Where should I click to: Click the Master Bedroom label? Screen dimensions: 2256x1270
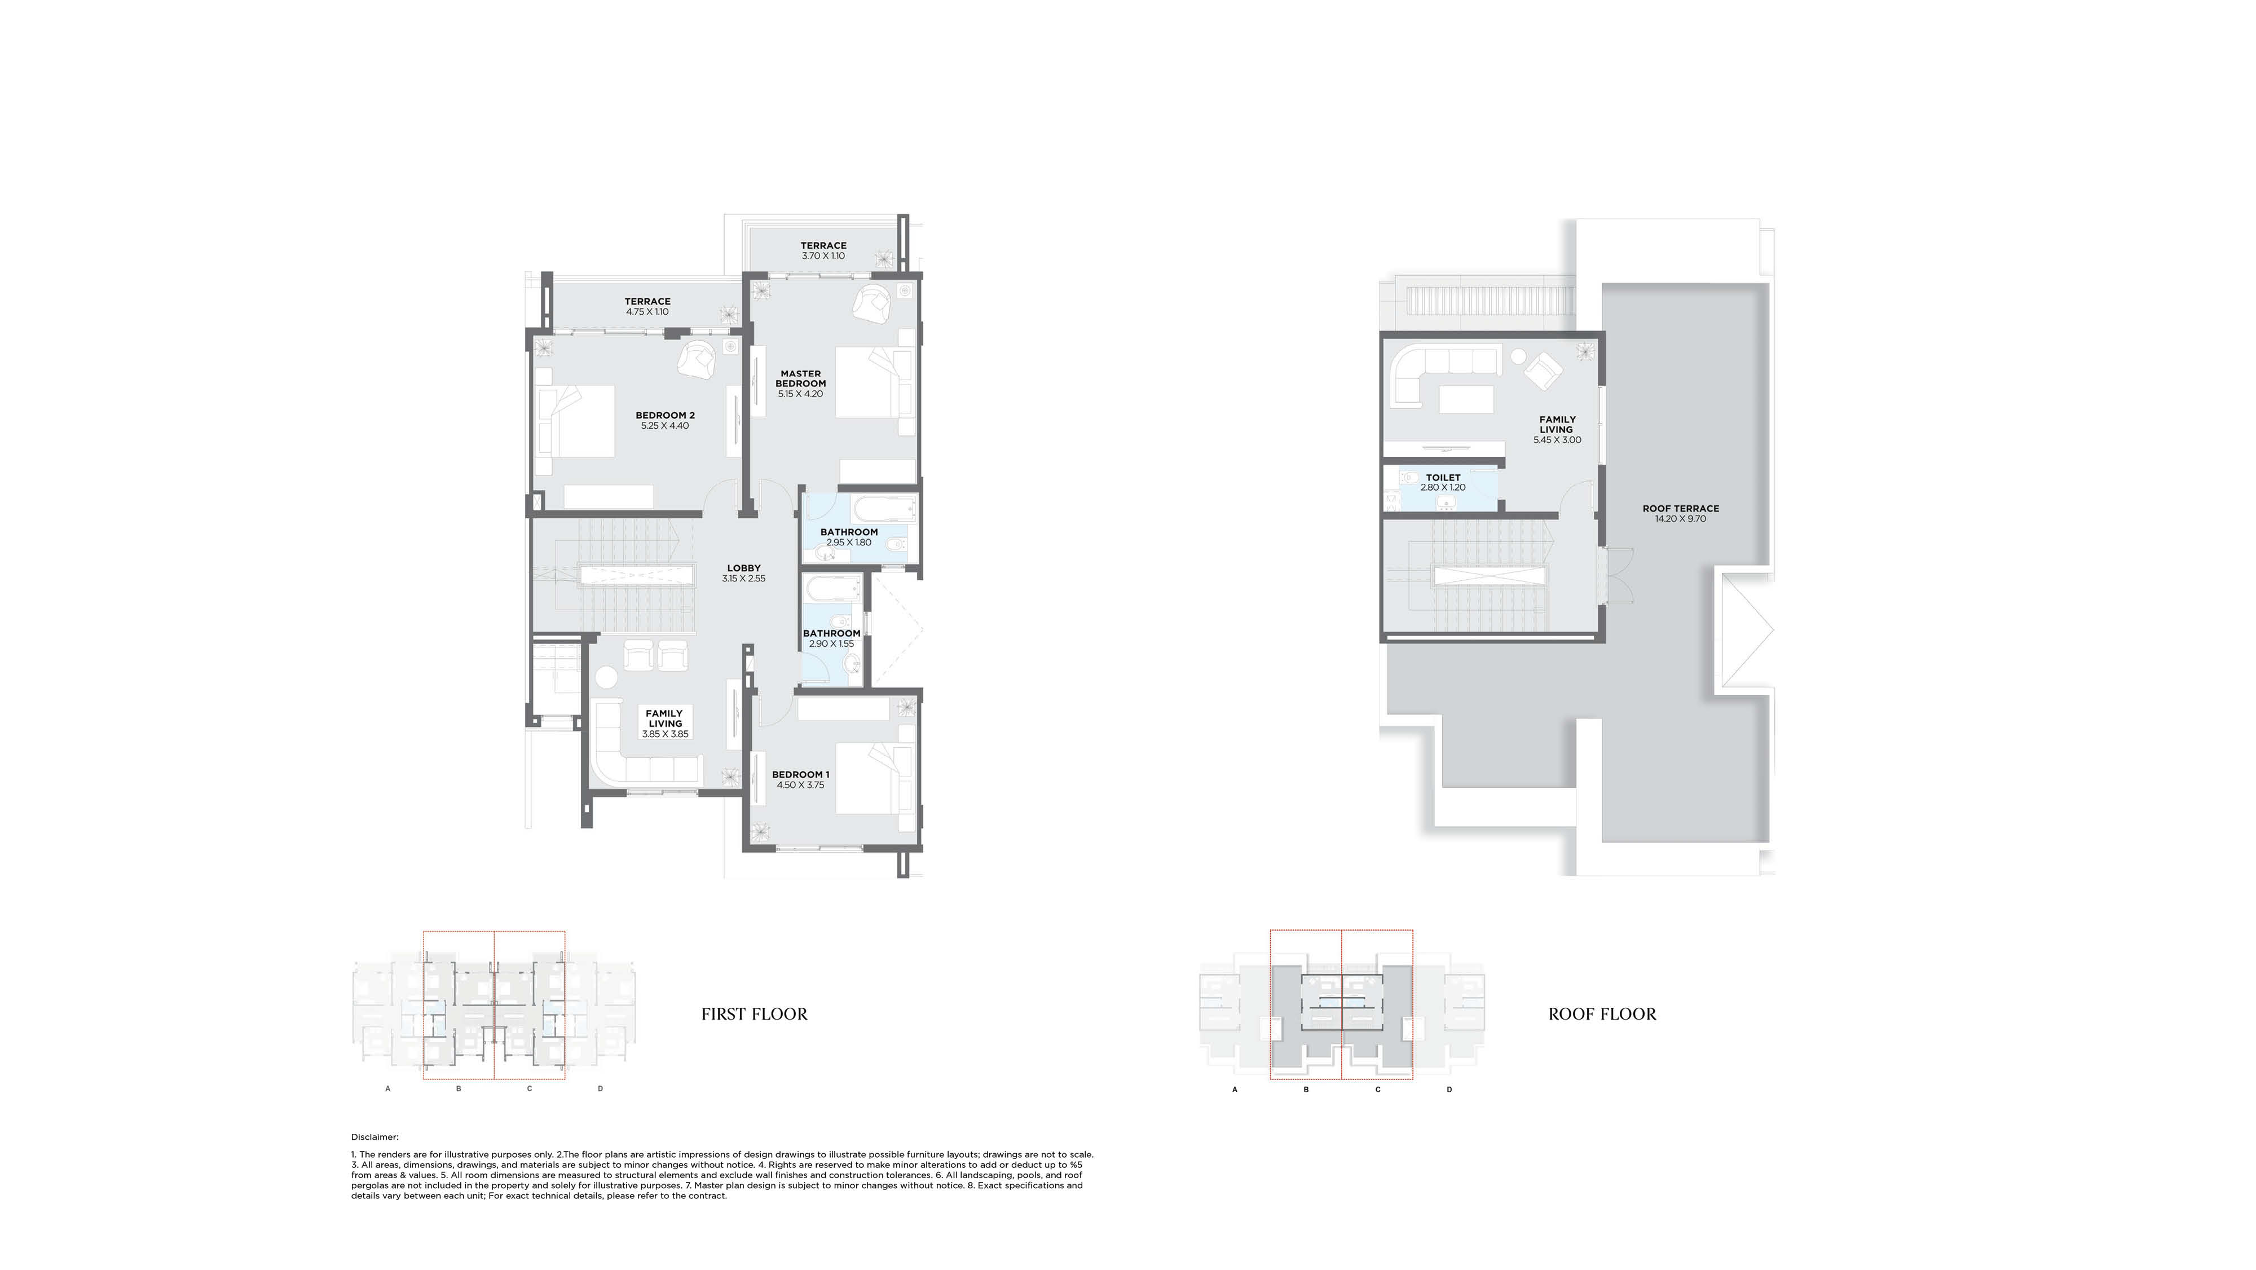[x=800, y=378]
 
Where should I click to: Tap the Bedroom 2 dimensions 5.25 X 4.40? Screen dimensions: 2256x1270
[x=665, y=426]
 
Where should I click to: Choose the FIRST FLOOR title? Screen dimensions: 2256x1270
[x=754, y=1014]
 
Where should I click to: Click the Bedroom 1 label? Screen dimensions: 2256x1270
[x=800, y=775]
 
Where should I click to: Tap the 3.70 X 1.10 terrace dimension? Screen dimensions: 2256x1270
[x=823, y=257]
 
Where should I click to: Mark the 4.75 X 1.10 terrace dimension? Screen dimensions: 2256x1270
[x=647, y=312]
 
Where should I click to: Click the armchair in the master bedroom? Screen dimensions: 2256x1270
[x=874, y=303]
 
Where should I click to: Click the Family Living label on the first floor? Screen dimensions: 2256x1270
[x=665, y=719]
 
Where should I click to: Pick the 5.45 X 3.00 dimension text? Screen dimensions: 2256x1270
[x=1557, y=440]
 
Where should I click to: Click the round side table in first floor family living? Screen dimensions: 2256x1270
[x=607, y=677]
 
